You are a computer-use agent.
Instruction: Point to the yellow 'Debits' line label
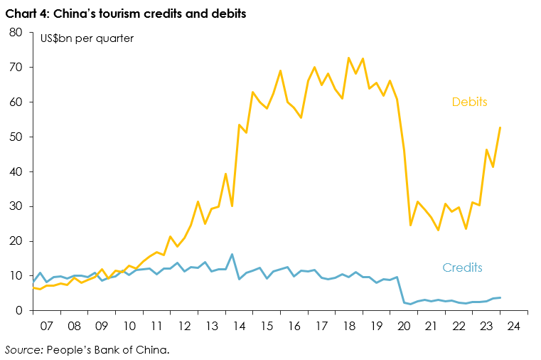[x=469, y=102]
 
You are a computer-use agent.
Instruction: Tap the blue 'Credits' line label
[x=462, y=268]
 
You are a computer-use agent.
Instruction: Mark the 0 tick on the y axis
[x=21, y=311]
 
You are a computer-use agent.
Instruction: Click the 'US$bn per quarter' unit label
[x=86, y=38]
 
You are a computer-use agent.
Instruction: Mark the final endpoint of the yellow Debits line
[x=500, y=127]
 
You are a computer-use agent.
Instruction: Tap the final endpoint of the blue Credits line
[x=500, y=297]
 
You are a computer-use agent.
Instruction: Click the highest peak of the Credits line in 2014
[x=232, y=254]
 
